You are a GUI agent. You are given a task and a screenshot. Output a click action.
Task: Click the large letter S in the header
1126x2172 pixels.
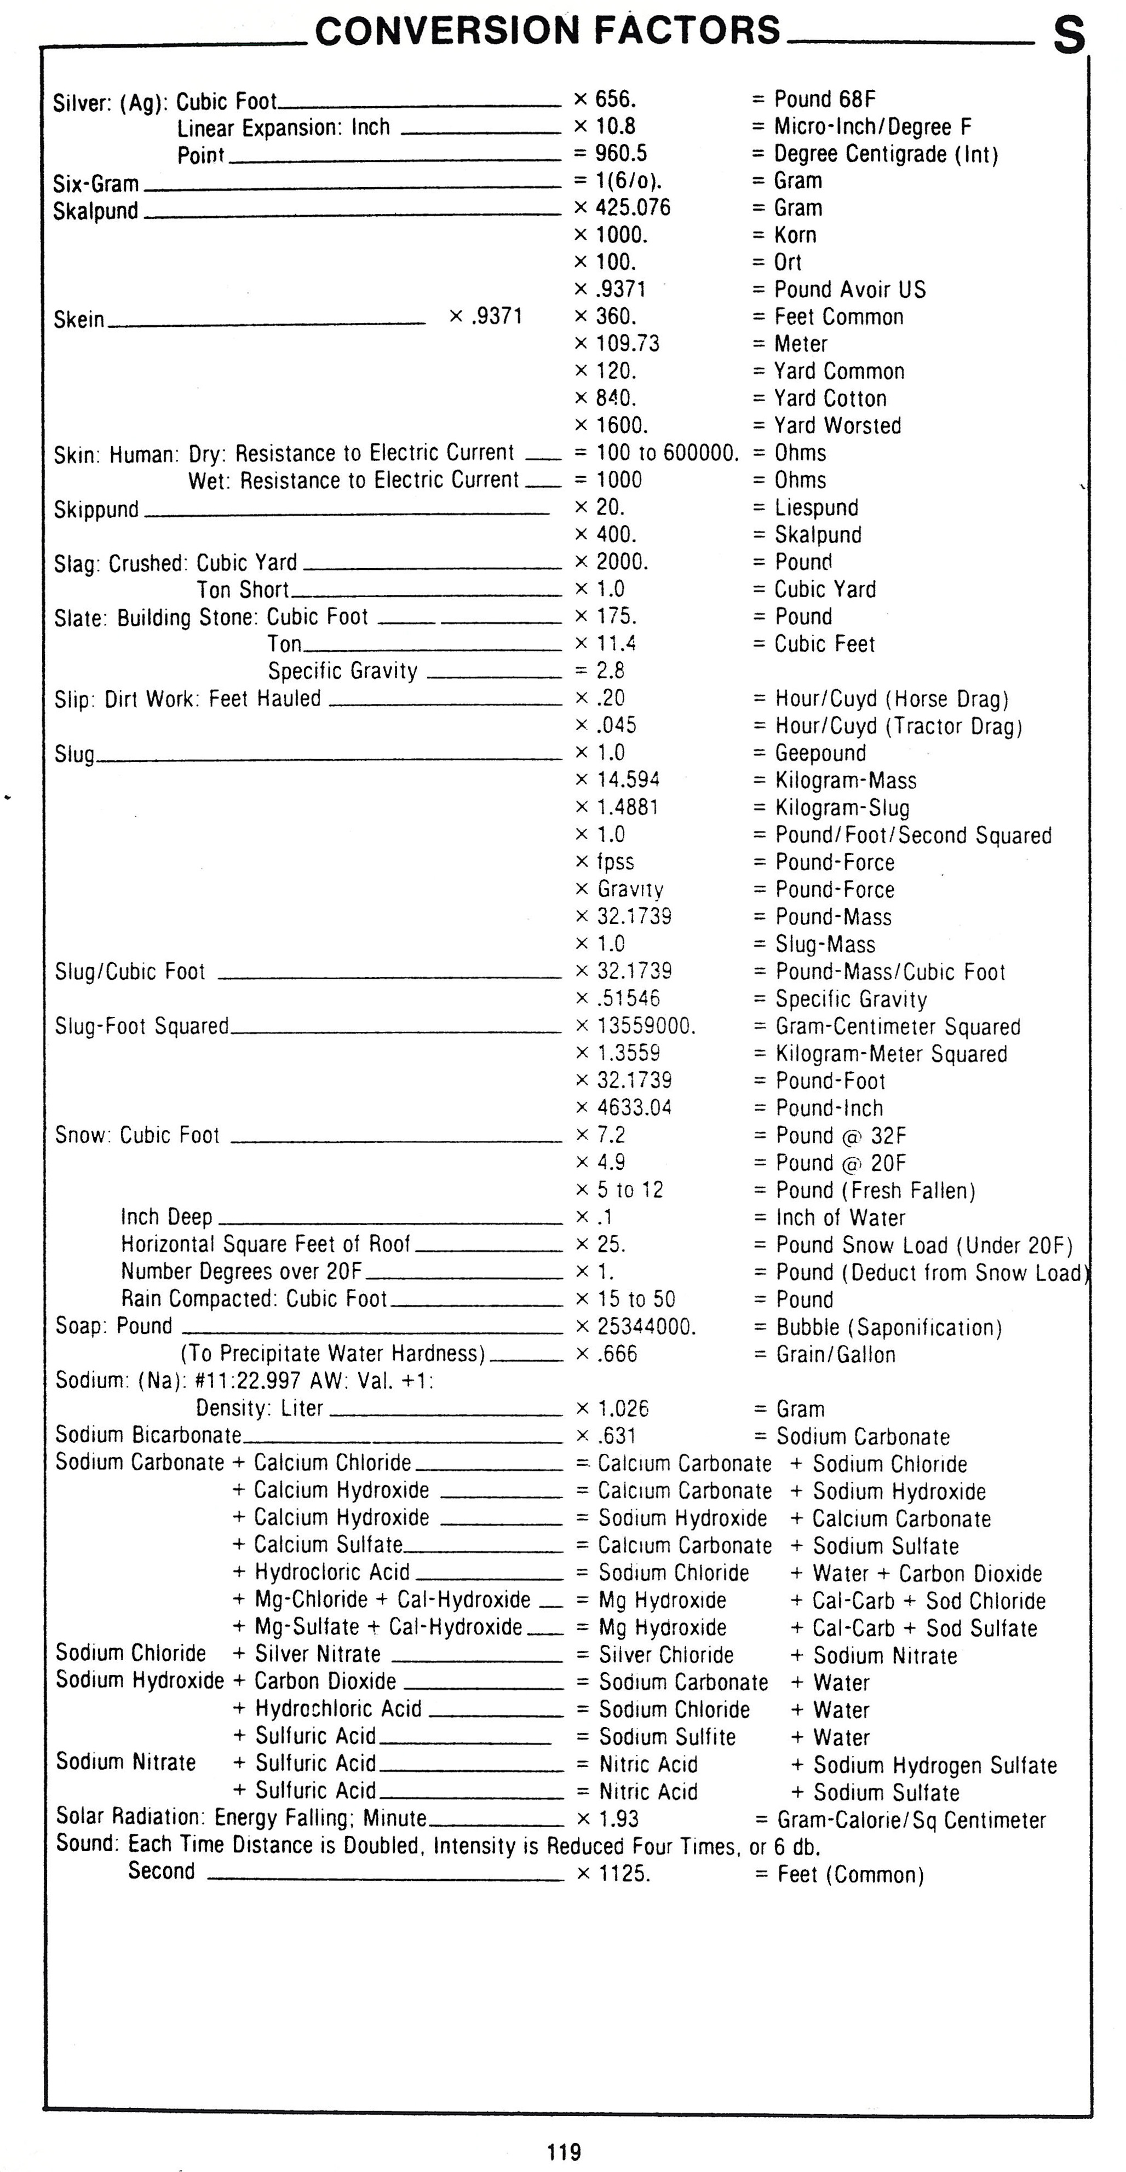click(x=1068, y=36)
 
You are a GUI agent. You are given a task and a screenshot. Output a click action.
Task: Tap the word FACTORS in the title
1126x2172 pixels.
click(x=687, y=30)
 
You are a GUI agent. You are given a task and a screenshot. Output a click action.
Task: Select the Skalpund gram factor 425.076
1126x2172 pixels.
click(x=633, y=207)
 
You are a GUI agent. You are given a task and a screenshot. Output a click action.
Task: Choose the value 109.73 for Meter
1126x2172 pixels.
click(x=628, y=343)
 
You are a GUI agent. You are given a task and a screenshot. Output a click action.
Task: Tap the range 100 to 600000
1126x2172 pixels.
click(x=667, y=453)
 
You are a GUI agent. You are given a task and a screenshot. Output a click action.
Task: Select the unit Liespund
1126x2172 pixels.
click(x=817, y=507)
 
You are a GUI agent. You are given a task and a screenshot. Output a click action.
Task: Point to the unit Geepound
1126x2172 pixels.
click(x=820, y=753)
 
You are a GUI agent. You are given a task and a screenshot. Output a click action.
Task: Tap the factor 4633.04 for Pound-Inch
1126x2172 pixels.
click(x=634, y=1107)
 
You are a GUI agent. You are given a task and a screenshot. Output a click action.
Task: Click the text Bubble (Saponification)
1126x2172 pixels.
click(x=889, y=1327)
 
